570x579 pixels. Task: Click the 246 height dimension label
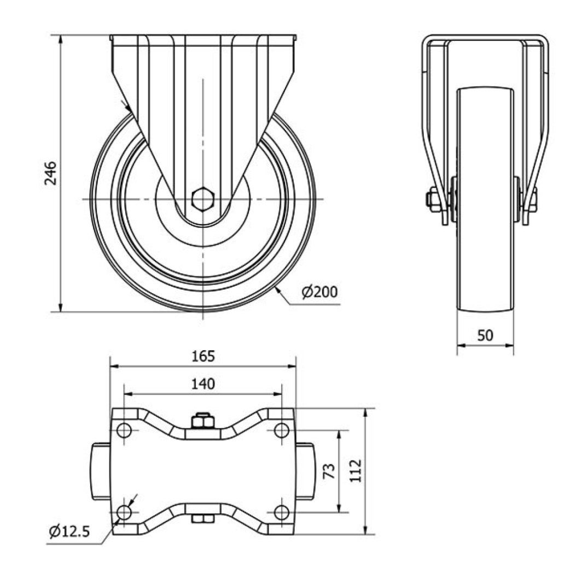50,173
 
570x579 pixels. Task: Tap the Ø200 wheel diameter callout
319,292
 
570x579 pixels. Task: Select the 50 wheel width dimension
485,335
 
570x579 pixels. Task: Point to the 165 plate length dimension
203,356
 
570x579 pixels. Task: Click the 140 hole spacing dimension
203,384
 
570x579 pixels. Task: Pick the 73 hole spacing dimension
329,471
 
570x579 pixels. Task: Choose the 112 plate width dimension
356,471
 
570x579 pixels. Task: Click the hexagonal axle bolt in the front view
202,199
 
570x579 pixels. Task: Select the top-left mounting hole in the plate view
124,430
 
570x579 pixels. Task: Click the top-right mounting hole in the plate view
282,430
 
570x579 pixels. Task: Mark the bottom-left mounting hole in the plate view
124,512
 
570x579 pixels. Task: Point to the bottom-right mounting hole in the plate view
282,512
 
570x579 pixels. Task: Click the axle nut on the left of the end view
432,199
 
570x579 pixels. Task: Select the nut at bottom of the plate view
203,519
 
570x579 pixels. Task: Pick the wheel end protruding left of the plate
101,471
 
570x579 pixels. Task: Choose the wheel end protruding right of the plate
305,471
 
